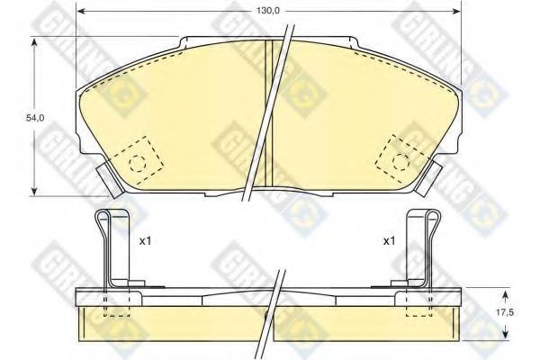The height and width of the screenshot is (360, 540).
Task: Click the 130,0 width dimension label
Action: tap(267, 11)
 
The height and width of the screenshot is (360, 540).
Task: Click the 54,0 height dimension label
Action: tap(35, 118)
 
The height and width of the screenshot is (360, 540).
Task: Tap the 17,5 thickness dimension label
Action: tap(505, 312)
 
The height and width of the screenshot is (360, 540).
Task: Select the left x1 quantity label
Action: tap(145, 241)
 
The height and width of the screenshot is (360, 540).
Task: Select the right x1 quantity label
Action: tap(389, 241)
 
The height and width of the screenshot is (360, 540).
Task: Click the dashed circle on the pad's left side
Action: tap(138, 163)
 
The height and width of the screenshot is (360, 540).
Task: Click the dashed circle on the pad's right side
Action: tap(400, 162)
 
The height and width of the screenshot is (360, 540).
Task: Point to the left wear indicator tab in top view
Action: tap(110, 180)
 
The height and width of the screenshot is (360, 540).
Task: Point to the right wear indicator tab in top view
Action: tap(428, 179)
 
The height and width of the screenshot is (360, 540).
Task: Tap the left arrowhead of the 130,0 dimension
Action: tap(79, 11)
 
